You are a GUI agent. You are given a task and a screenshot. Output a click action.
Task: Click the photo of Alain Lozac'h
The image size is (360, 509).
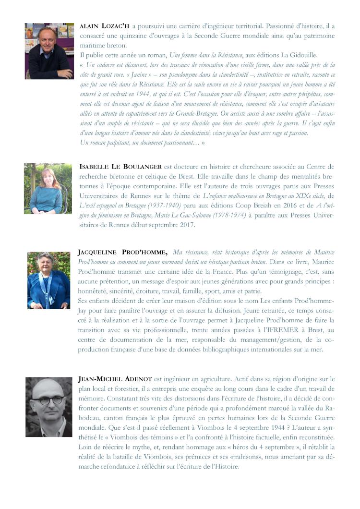pos(49,50)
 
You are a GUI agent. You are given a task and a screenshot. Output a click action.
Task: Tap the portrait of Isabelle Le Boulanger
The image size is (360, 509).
pos(48,188)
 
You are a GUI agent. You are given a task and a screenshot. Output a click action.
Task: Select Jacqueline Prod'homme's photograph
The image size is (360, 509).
pos(48,280)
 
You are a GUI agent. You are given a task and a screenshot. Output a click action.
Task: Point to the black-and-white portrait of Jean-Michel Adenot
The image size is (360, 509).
pos(48,406)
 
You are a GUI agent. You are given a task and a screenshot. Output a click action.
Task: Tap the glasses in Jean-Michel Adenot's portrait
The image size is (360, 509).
pos(48,400)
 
